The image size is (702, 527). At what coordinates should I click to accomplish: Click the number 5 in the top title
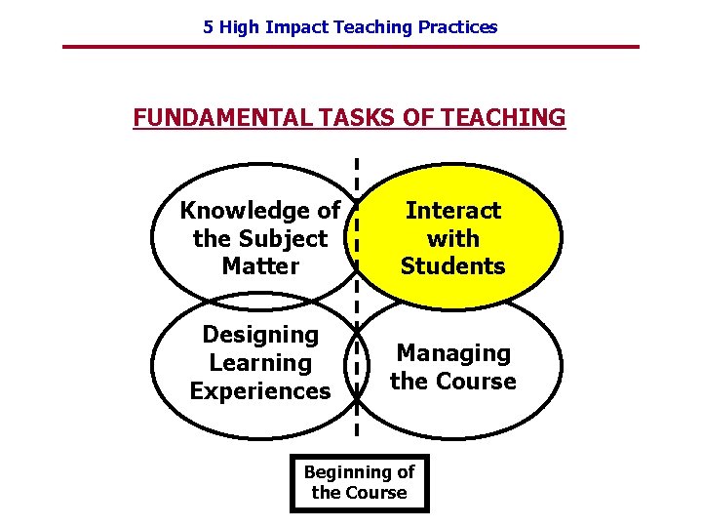(x=208, y=27)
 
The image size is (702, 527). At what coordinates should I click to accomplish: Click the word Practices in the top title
(x=457, y=27)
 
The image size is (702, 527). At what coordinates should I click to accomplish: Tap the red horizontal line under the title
(x=351, y=47)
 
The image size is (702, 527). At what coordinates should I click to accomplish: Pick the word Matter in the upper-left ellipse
(x=260, y=265)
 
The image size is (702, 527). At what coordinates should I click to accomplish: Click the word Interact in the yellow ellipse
(x=453, y=210)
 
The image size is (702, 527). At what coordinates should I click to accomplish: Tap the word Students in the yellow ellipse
(x=453, y=265)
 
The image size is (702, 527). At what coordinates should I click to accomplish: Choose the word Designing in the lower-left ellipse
(x=260, y=335)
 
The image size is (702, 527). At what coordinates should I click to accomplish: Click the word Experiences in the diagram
(x=260, y=391)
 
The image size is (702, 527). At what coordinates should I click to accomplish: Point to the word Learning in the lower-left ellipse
(x=260, y=363)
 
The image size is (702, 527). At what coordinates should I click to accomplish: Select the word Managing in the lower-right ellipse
(x=453, y=352)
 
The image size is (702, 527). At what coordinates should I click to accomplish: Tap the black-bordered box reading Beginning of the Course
(x=360, y=482)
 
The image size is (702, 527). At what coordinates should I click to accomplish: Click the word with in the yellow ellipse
(x=453, y=238)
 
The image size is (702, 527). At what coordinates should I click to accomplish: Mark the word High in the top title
(x=239, y=27)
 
